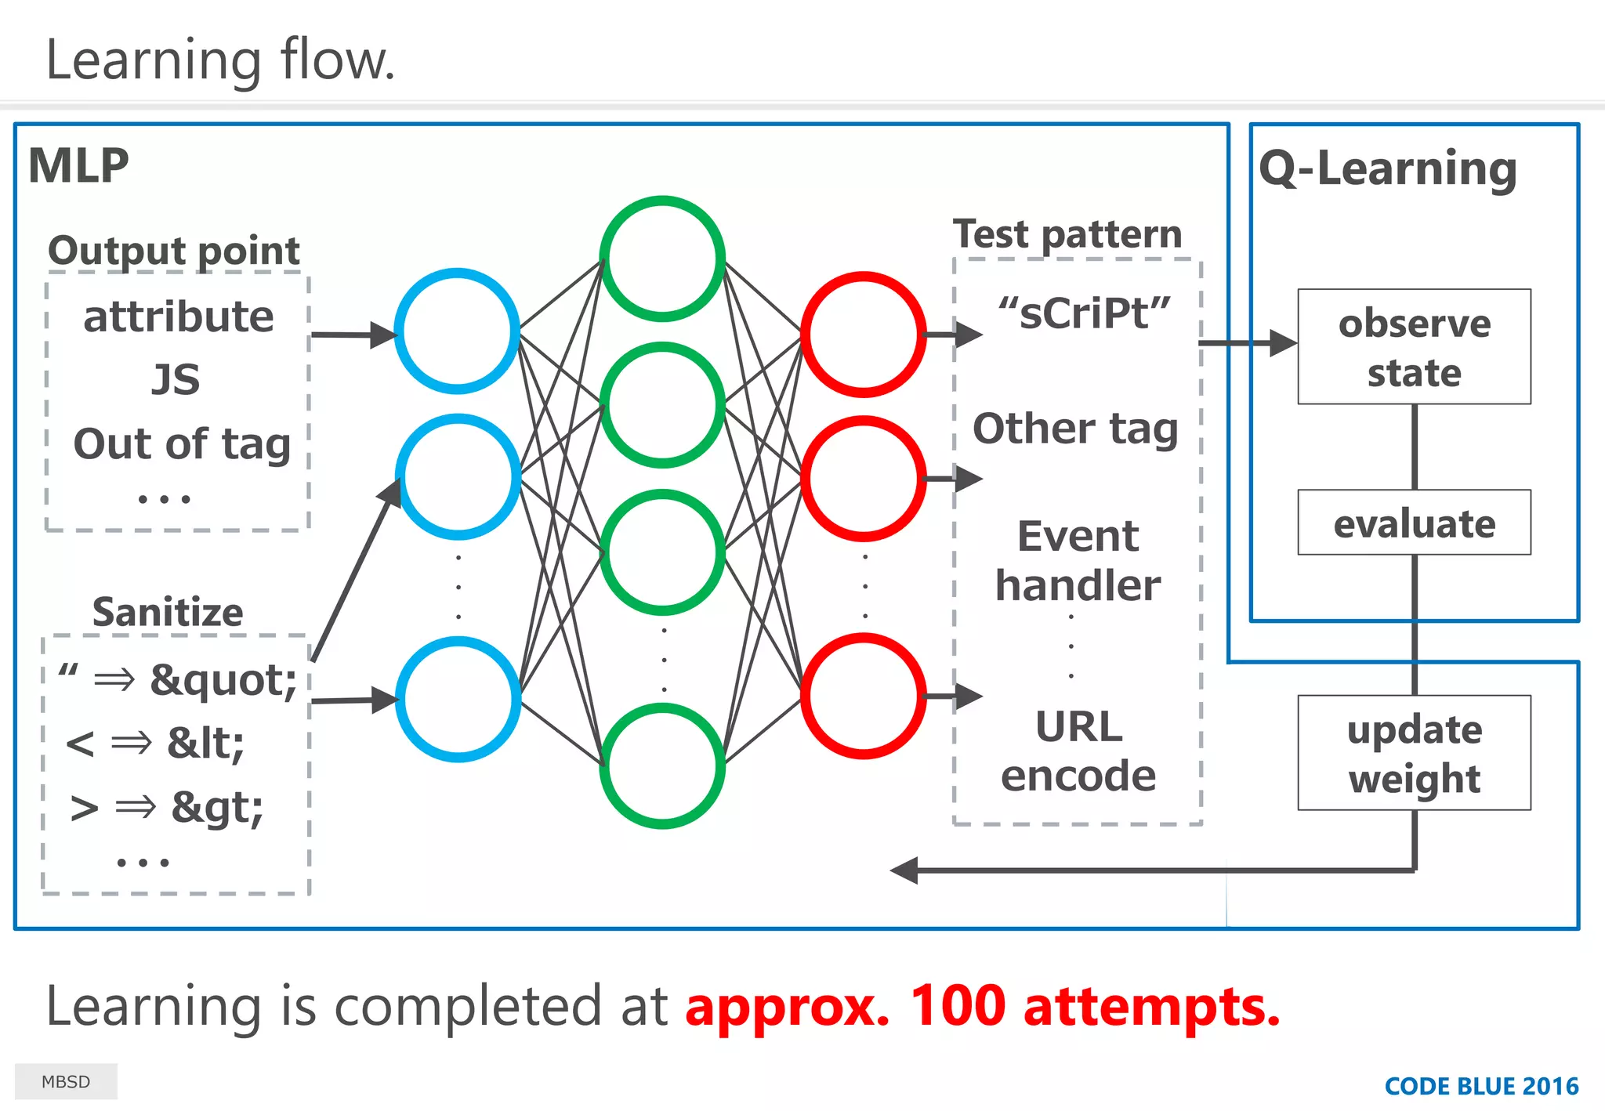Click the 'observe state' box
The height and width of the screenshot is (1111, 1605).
[1414, 347]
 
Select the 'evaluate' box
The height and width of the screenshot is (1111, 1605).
[1414, 523]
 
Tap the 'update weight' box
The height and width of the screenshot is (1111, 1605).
[1414, 753]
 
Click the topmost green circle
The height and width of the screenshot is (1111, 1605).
[662, 259]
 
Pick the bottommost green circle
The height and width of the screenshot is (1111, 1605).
[662, 765]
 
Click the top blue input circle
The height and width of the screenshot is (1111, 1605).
[457, 331]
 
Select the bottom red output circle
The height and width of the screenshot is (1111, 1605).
[864, 696]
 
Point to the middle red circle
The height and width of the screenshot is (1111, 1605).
[864, 479]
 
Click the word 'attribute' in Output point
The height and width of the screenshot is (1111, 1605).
[179, 317]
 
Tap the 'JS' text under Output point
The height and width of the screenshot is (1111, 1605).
[176, 379]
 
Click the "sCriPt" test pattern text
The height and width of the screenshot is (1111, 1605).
[1085, 313]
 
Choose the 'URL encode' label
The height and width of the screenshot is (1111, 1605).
[1078, 751]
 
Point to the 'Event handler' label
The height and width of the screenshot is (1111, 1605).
[1078, 561]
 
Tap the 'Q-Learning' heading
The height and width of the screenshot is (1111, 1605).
[1387, 168]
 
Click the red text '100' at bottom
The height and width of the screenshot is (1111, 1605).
[957, 1006]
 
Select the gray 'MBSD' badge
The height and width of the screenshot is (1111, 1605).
[66, 1081]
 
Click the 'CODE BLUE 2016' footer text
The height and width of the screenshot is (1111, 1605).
[1481, 1086]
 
